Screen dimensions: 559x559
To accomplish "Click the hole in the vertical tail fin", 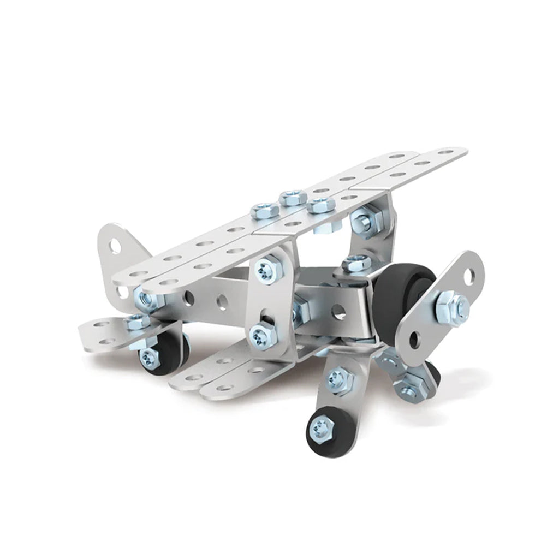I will click(x=116, y=246).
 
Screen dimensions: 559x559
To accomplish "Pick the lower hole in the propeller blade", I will click(x=415, y=340).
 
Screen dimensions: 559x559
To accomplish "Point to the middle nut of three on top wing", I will click(x=293, y=197).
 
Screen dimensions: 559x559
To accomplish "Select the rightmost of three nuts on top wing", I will click(x=320, y=206).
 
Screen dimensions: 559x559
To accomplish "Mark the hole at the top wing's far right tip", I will click(x=448, y=152).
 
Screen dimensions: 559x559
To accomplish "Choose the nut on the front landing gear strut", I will click(x=340, y=379).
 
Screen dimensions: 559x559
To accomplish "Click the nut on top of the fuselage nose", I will click(x=357, y=264).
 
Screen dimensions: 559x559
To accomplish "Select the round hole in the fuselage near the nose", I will click(x=339, y=312).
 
